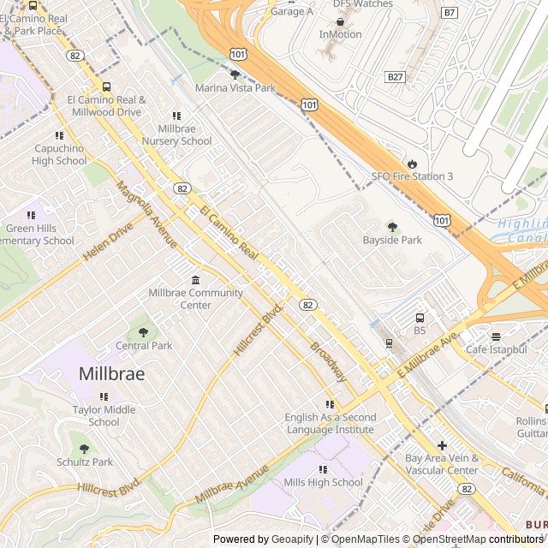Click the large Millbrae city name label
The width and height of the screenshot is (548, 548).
[111, 374]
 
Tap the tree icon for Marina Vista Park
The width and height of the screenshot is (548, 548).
[235, 75]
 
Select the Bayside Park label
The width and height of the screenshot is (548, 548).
[392, 241]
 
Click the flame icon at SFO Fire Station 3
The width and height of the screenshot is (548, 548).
[412, 164]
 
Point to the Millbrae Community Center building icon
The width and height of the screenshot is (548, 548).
[195, 281]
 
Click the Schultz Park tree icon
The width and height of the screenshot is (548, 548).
[84, 449]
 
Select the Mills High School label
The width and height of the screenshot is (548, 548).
[323, 482]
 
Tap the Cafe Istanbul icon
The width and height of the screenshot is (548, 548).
[496, 337]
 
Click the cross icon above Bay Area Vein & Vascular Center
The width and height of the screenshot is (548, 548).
[442, 445]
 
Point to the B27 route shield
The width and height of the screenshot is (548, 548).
[395, 76]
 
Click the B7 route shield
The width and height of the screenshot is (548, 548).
[450, 13]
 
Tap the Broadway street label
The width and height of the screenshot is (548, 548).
[329, 362]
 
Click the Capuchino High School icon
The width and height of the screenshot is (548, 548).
[59, 135]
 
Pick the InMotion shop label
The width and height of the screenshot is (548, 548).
[340, 34]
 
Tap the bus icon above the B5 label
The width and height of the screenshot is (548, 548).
[420, 318]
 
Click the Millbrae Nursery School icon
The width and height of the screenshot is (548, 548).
[177, 116]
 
